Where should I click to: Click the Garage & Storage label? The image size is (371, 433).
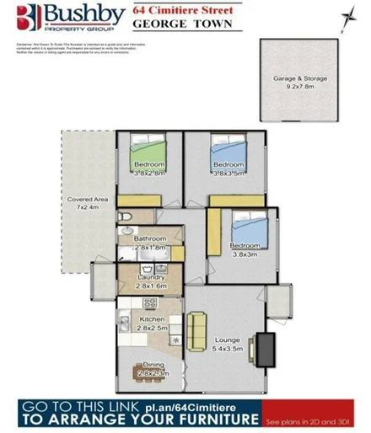[299, 82]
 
